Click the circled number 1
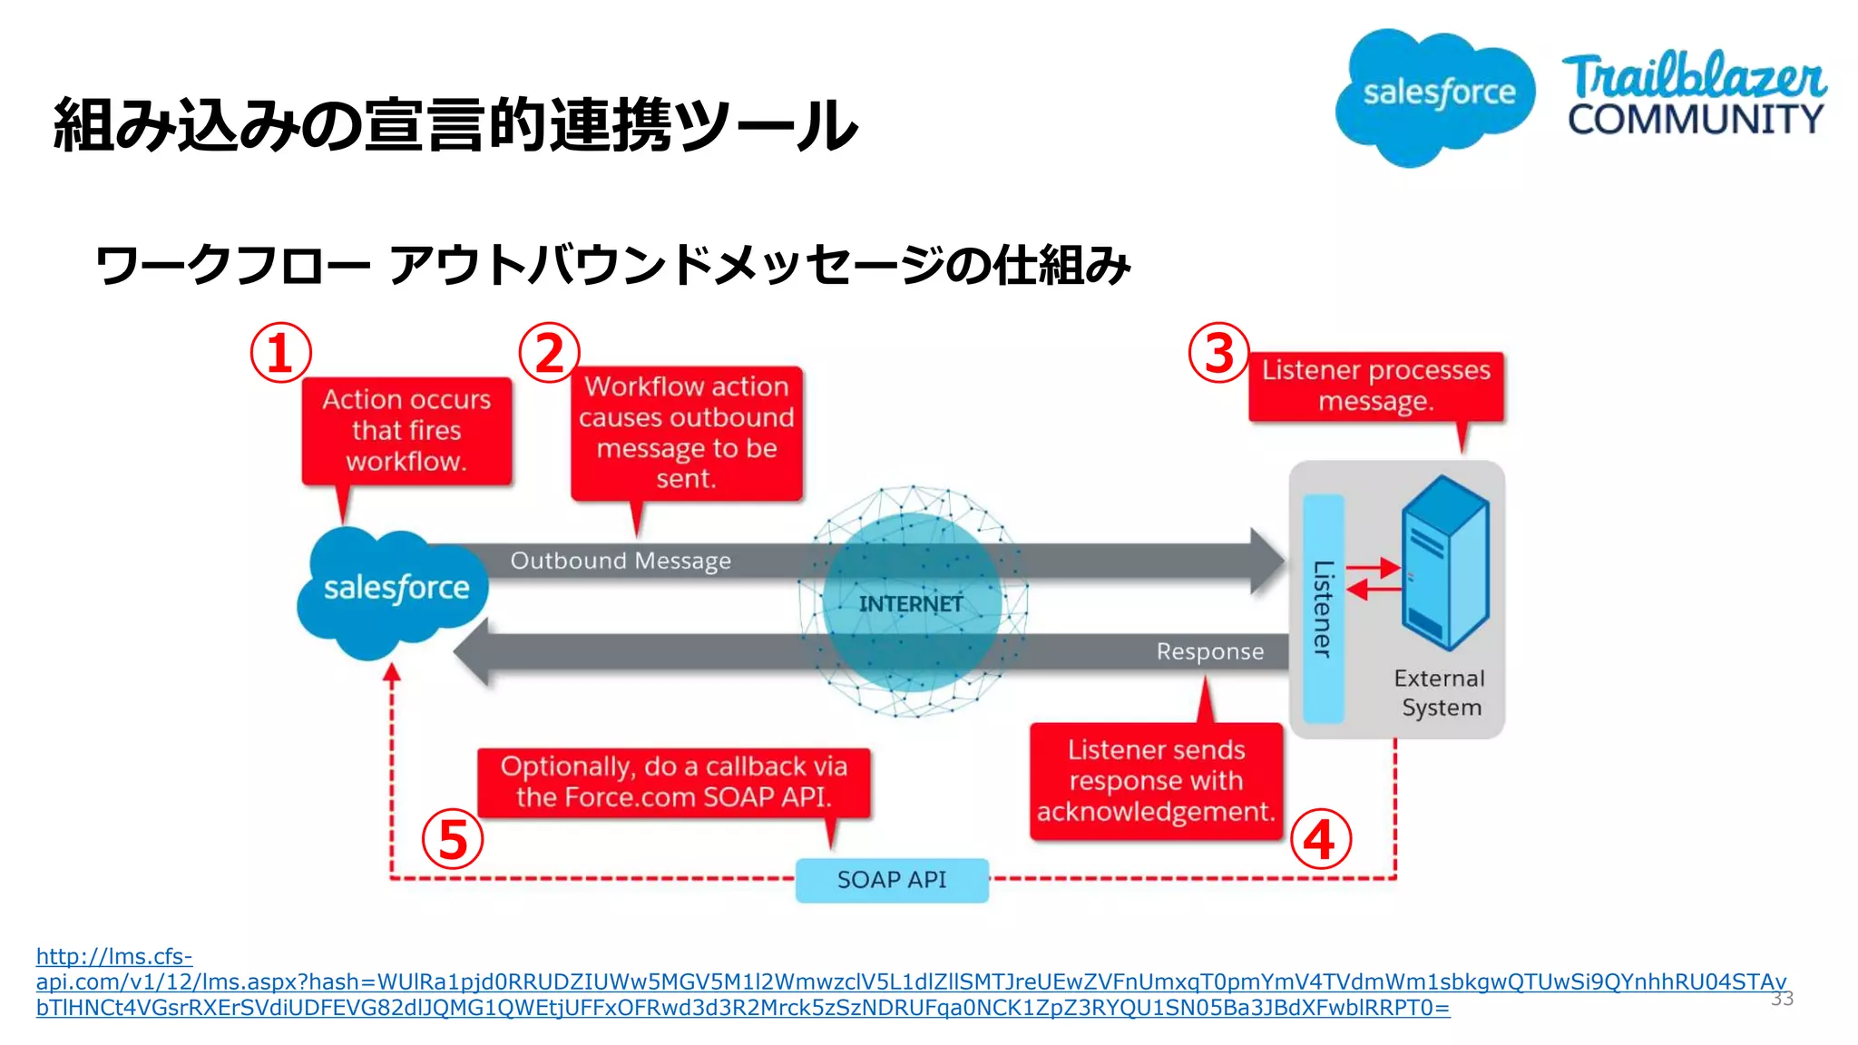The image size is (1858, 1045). (280, 353)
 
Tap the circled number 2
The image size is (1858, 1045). (549, 353)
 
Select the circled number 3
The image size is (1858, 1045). (1218, 353)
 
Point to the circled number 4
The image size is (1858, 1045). (1320, 839)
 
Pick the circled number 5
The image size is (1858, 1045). (452, 839)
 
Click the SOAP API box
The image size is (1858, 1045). (892, 880)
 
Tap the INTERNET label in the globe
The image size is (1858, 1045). (911, 604)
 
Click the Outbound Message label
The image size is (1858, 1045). (621, 561)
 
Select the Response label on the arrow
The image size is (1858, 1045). (1209, 651)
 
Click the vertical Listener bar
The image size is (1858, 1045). (1323, 608)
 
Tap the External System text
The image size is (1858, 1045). (1440, 693)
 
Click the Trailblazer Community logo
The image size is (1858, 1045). (1694, 95)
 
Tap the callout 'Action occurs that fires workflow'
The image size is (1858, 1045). (406, 431)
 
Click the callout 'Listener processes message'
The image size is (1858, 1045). (1375, 386)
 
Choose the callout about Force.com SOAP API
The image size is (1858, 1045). (673, 782)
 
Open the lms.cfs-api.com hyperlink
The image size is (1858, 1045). (726, 982)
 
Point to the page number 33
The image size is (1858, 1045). (1782, 999)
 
